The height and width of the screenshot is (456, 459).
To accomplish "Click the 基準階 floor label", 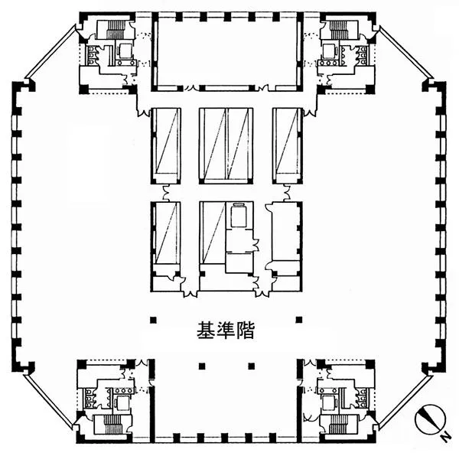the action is (x=225, y=331).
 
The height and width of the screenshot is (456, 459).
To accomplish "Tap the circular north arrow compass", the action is (x=430, y=419).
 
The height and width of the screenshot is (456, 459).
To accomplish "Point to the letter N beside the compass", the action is (x=446, y=438).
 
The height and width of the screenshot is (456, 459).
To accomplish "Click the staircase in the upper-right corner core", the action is (x=339, y=30).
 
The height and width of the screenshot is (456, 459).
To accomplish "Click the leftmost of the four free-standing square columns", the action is (x=153, y=320).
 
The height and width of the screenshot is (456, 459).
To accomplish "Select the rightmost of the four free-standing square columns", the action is (x=299, y=320).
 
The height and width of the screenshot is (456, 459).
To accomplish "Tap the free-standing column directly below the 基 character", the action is (x=202, y=366).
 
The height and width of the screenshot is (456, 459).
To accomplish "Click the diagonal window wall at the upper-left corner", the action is (x=50, y=52).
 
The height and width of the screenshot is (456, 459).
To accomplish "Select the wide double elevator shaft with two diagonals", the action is (x=226, y=146).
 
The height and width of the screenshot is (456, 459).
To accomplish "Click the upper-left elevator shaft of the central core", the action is (x=166, y=146).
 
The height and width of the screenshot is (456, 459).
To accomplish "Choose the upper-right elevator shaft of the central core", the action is (x=287, y=146).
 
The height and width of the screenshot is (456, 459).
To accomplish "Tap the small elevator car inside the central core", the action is (x=239, y=216).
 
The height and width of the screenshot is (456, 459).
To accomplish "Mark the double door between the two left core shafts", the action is (x=166, y=193).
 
